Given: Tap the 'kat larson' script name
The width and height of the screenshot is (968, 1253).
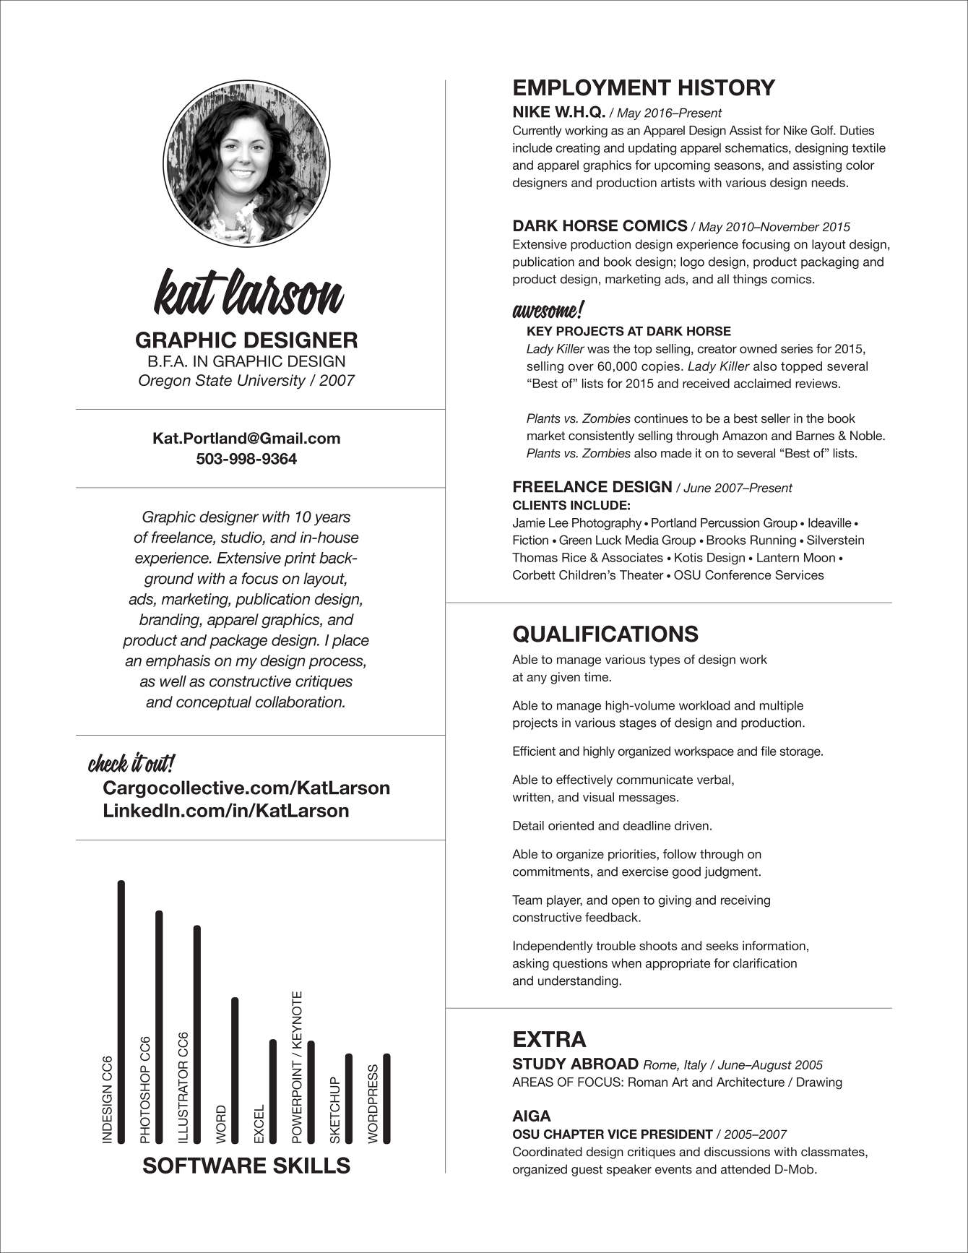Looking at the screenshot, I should tap(248, 293).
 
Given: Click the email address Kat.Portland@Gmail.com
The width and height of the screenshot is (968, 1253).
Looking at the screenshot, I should tap(246, 438).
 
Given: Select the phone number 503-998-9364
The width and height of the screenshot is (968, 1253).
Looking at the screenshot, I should tap(246, 459).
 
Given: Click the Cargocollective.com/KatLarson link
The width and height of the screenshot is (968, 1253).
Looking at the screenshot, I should tap(246, 788).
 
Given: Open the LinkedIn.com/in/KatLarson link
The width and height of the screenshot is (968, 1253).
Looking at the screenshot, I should tap(226, 811).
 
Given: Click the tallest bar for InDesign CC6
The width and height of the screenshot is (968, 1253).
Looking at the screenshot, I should tap(121, 1012).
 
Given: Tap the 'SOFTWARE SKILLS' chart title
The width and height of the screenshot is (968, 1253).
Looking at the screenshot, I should tap(246, 1166).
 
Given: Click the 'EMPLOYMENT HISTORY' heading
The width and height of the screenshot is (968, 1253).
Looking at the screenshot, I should tap(644, 88).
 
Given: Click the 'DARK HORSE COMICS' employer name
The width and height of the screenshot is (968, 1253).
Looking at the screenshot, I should tap(600, 225).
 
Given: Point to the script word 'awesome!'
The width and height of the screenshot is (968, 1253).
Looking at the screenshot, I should tap(548, 311).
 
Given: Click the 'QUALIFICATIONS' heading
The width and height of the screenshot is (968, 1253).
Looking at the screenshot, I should tap(605, 634).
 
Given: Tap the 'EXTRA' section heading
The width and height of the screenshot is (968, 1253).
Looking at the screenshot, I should tap(549, 1039).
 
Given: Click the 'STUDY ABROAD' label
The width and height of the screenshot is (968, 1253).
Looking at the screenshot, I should tap(575, 1064).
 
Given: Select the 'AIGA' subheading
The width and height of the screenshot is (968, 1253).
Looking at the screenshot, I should tap(532, 1116).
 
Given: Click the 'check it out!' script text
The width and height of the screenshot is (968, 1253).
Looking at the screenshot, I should tap(131, 763).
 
